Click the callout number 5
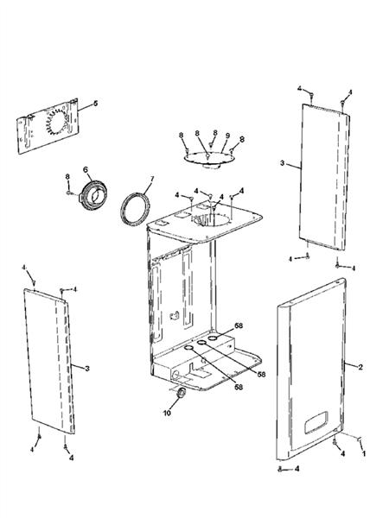click(96, 104)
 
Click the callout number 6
click(86, 169)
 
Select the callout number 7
click(152, 179)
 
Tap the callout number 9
click(227, 136)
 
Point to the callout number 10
click(167, 413)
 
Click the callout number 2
click(360, 367)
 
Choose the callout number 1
click(364, 453)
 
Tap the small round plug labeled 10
click(181, 393)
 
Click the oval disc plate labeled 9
click(209, 158)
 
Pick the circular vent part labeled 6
click(93, 195)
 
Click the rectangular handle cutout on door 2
click(316, 422)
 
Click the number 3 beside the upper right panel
click(282, 163)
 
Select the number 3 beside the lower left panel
click(87, 369)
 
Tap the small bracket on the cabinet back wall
click(175, 315)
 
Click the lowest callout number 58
click(239, 387)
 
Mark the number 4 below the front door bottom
click(297, 469)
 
